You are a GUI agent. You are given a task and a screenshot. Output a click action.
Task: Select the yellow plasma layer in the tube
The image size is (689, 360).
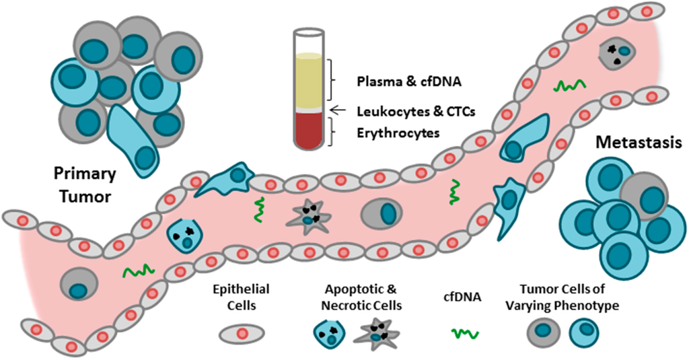point(310,81)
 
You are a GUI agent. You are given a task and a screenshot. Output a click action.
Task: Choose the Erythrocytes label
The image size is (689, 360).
point(398,133)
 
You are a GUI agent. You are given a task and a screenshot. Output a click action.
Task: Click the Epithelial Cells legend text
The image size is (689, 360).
point(240,297)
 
